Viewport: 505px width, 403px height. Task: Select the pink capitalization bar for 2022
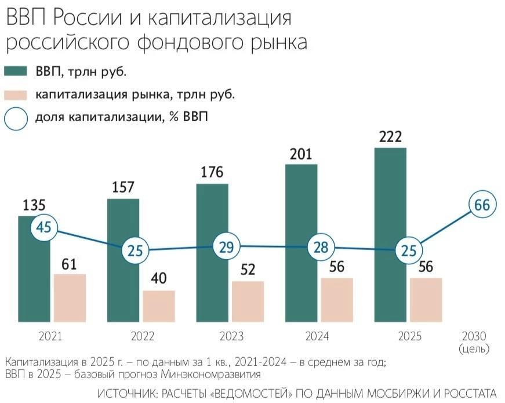[159, 306]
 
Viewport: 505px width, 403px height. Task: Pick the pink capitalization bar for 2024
[337, 299]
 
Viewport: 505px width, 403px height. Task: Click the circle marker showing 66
[483, 205]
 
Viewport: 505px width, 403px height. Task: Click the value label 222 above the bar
[390, 137]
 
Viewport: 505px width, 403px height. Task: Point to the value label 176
[212, 173]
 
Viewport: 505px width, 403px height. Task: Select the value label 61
[70, 264]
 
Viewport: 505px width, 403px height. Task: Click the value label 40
[159, 279]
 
